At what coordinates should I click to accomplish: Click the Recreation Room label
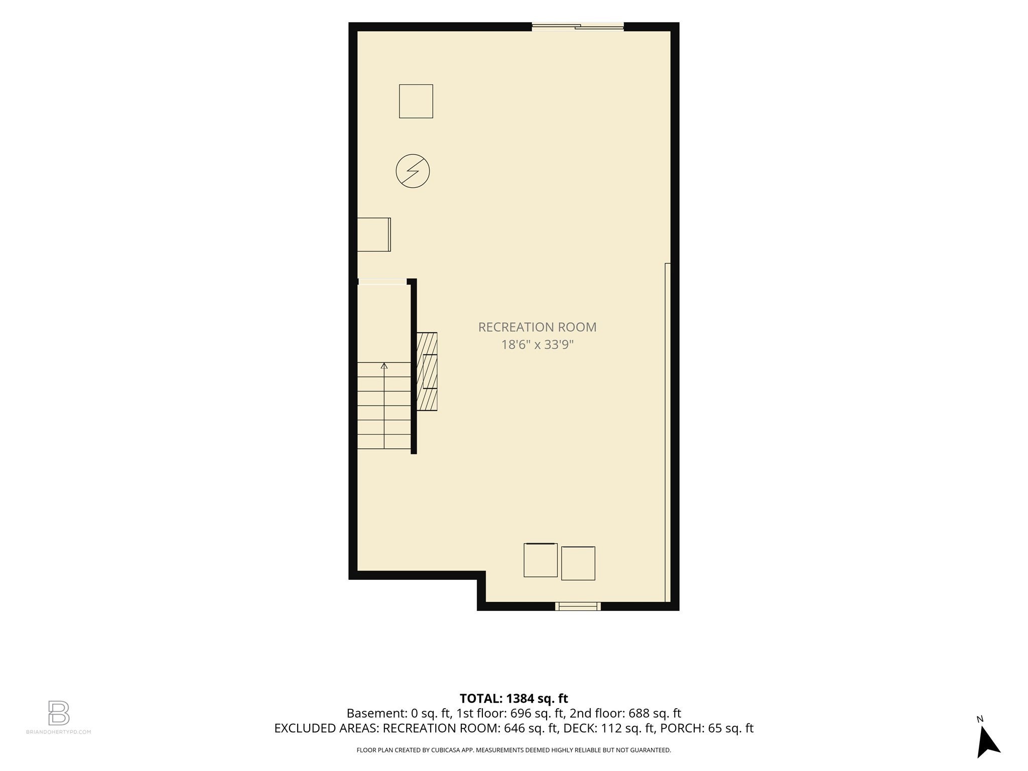pos(537,327)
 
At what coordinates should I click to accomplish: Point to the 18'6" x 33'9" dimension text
pos(537,345)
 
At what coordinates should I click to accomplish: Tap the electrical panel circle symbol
pos(413,171)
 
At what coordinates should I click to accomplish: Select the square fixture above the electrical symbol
pos(416,101)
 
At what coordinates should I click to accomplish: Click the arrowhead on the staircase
pos(384,366)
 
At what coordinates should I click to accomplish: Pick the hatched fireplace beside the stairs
pos(427,371)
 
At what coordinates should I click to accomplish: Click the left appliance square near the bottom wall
pos(541,560)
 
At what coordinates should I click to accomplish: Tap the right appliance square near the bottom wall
pos(578,563)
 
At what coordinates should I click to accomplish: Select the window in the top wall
pos(578,27)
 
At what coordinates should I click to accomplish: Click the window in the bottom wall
pos(578,606)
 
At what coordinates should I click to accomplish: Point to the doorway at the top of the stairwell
pos(382,282)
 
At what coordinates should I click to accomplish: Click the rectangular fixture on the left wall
pos(374,234)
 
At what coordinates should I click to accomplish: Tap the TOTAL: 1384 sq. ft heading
pos(513,698)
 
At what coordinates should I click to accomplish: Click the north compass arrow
pos(987,742)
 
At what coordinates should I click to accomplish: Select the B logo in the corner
pos(59,713)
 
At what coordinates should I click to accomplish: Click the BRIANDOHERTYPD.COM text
pos(59,732)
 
